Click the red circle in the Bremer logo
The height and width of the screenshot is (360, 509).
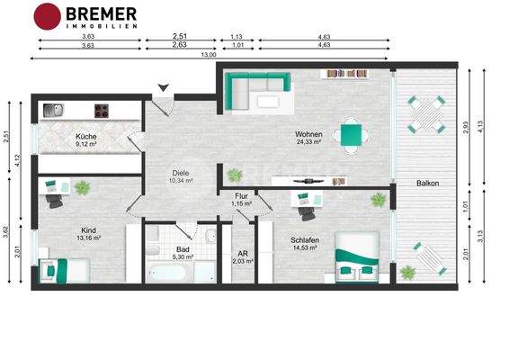coord(47,15)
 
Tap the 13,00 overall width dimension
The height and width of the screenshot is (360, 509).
coord(210,55)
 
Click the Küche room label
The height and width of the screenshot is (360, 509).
coord(86,137)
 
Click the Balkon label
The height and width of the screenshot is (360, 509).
coord(427,184)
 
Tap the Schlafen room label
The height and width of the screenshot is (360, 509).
coord(304,240)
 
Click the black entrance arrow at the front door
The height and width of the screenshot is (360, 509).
coord(162,87)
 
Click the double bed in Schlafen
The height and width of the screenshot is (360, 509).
coord(358,256)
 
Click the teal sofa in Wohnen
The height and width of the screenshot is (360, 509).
coord(255,88)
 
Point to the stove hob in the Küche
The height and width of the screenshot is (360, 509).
coord(102,112)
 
